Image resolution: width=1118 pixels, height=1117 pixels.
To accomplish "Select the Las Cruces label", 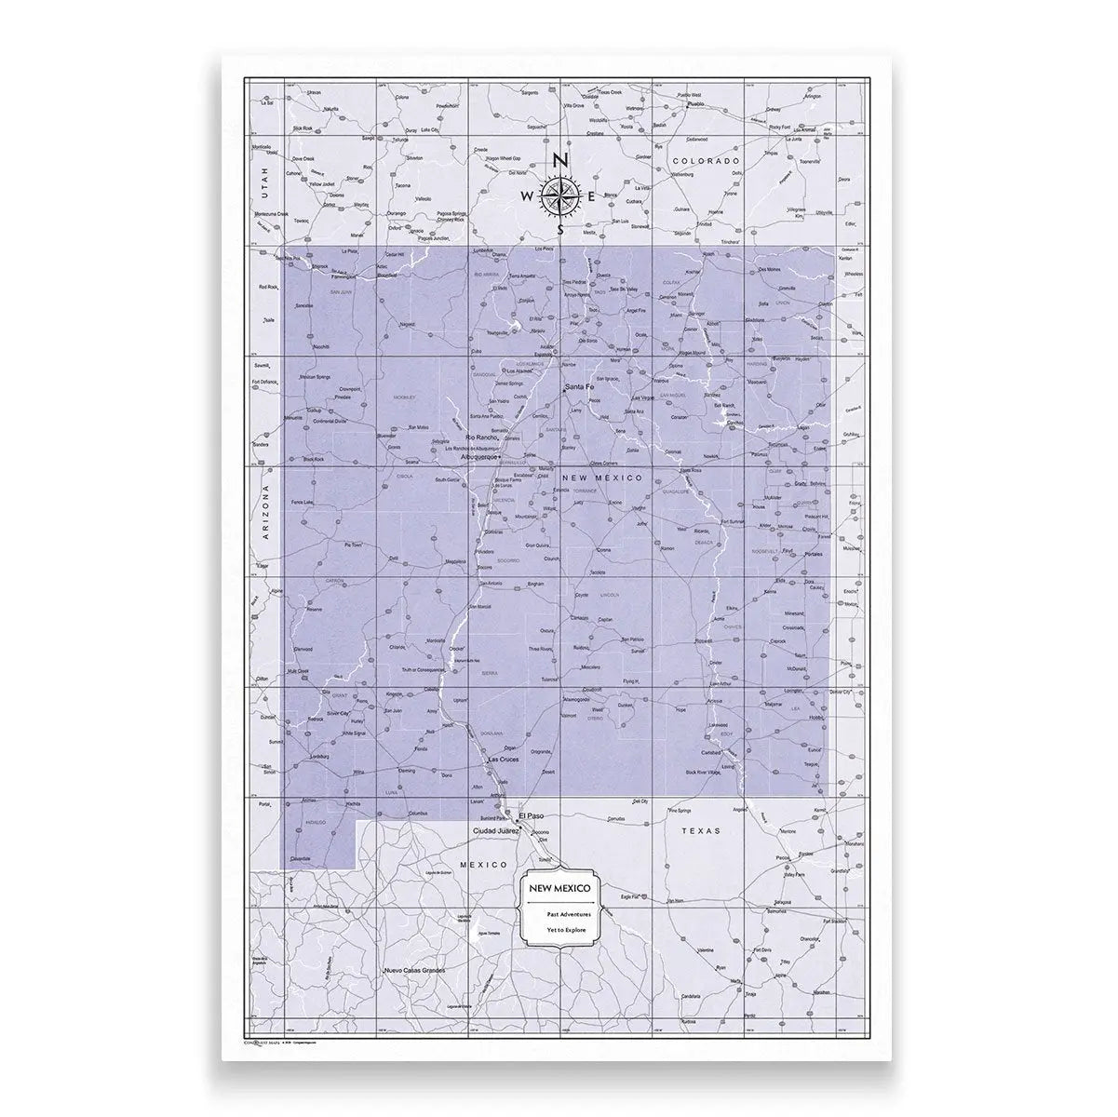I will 504,760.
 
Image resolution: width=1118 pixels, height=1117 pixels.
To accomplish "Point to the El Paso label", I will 534,815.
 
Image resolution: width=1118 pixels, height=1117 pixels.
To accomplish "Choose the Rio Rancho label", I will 483,437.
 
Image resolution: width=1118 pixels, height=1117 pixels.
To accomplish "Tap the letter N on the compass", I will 559,160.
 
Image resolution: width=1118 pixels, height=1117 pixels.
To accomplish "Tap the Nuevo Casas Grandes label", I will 415,971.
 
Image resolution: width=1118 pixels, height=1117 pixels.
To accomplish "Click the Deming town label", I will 407,771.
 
